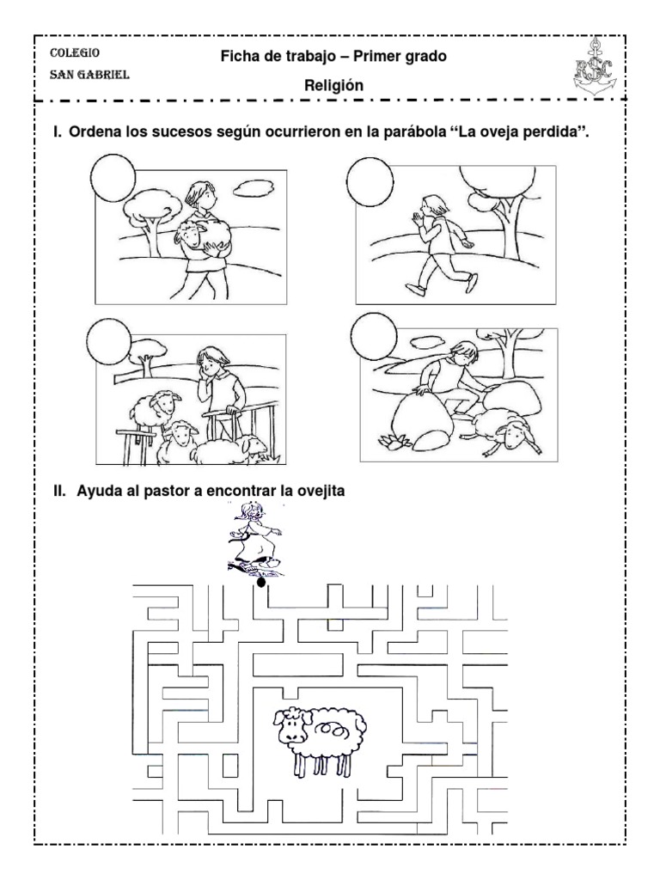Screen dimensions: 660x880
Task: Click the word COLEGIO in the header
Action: [x=75, y=52]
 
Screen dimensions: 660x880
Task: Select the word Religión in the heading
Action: [x=334, y=85]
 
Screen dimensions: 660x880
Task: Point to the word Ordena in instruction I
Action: [x=93, y=132]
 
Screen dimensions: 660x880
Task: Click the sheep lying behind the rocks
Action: [x=508, y=426]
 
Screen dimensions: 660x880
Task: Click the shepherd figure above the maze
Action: [x=254, y=540]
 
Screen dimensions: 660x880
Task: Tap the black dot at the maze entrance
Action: [x=261, y=583]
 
